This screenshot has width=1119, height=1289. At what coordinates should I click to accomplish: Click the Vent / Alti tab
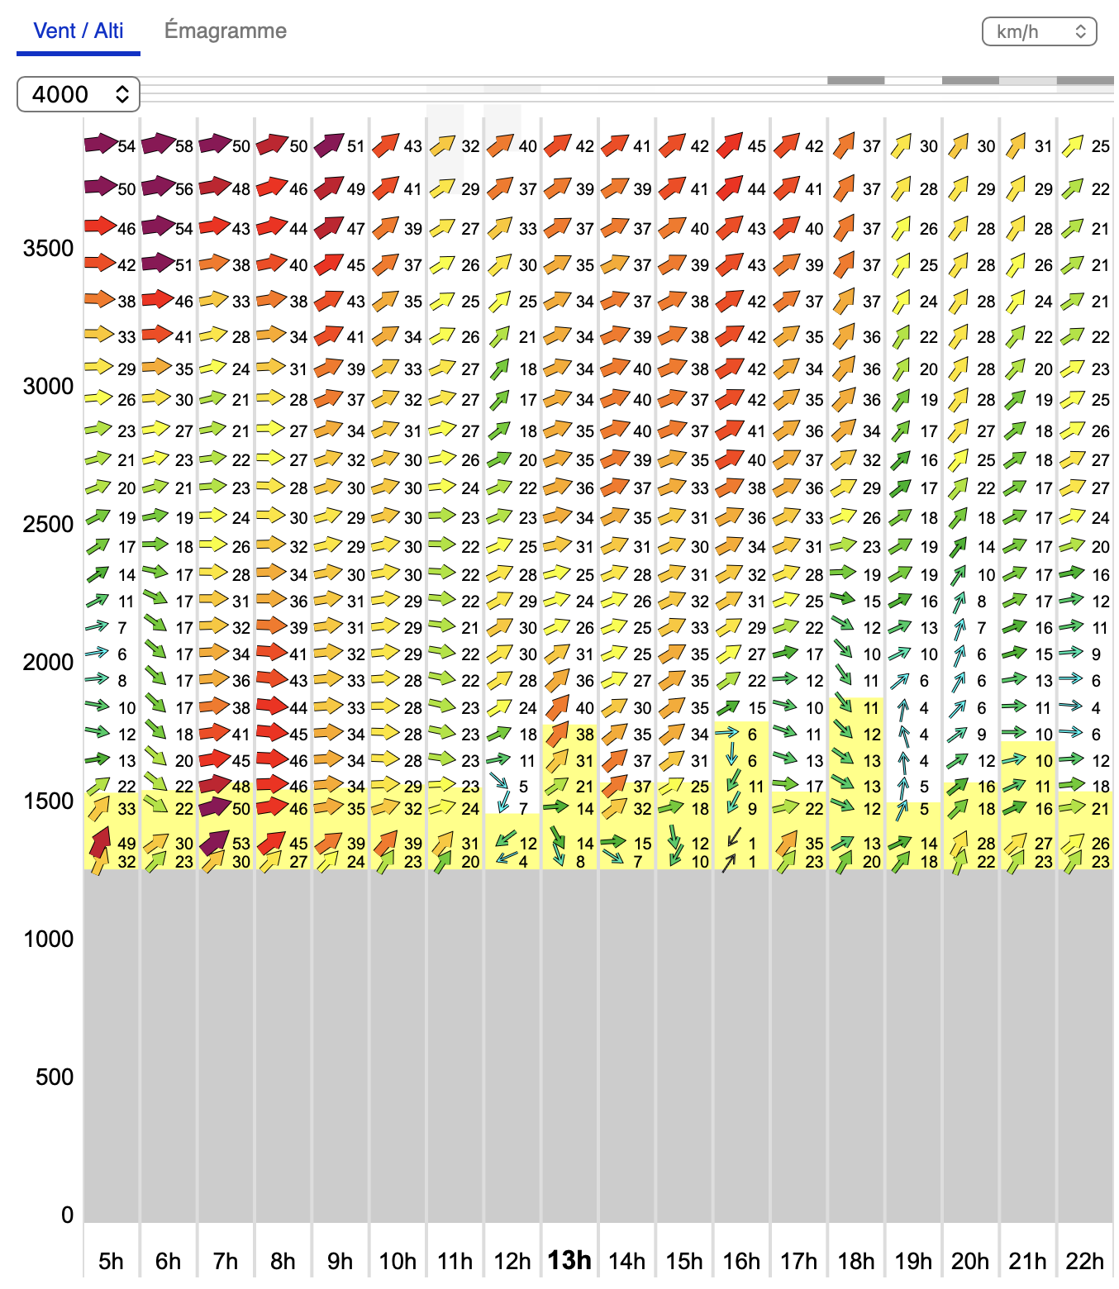[x=79, y=31]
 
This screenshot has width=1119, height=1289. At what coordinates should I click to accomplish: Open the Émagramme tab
[x=226, y=31]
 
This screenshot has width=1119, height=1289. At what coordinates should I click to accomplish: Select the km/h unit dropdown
[x=1039, y=31]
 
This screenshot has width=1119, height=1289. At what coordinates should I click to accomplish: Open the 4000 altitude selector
[x=79, y=94]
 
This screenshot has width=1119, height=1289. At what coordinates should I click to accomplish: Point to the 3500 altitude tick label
[x=49, y=249]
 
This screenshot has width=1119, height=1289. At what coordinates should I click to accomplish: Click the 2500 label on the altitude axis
[x=49, y=525]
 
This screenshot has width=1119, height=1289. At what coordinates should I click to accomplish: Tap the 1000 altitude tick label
[x=49, y=939]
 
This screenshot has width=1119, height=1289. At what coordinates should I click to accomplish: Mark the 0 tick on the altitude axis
[x=67, y=1215]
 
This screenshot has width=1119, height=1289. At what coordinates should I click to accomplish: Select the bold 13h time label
[x=569, y=1261]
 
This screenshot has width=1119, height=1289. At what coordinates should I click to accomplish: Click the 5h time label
[x=111, y=1262]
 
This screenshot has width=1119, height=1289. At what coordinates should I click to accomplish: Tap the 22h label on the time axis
[x=1084, y=1262]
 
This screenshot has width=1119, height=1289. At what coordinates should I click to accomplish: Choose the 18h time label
[x=855, y=1262]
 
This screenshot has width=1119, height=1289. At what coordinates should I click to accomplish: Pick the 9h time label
[x=340, y=1262]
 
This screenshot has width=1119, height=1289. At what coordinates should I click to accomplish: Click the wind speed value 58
[x=183, y=146]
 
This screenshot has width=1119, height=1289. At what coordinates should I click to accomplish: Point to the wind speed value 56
[x=183, y=189]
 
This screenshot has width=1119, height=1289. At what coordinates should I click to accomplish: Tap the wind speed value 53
[x=240, y=844]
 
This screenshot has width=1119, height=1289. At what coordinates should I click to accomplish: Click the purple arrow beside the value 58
[x=157, y=144]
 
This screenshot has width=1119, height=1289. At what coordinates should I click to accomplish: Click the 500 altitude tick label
[x=55, y=1077]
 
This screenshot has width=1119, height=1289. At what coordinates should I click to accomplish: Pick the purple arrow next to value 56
[x=157, y=187]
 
